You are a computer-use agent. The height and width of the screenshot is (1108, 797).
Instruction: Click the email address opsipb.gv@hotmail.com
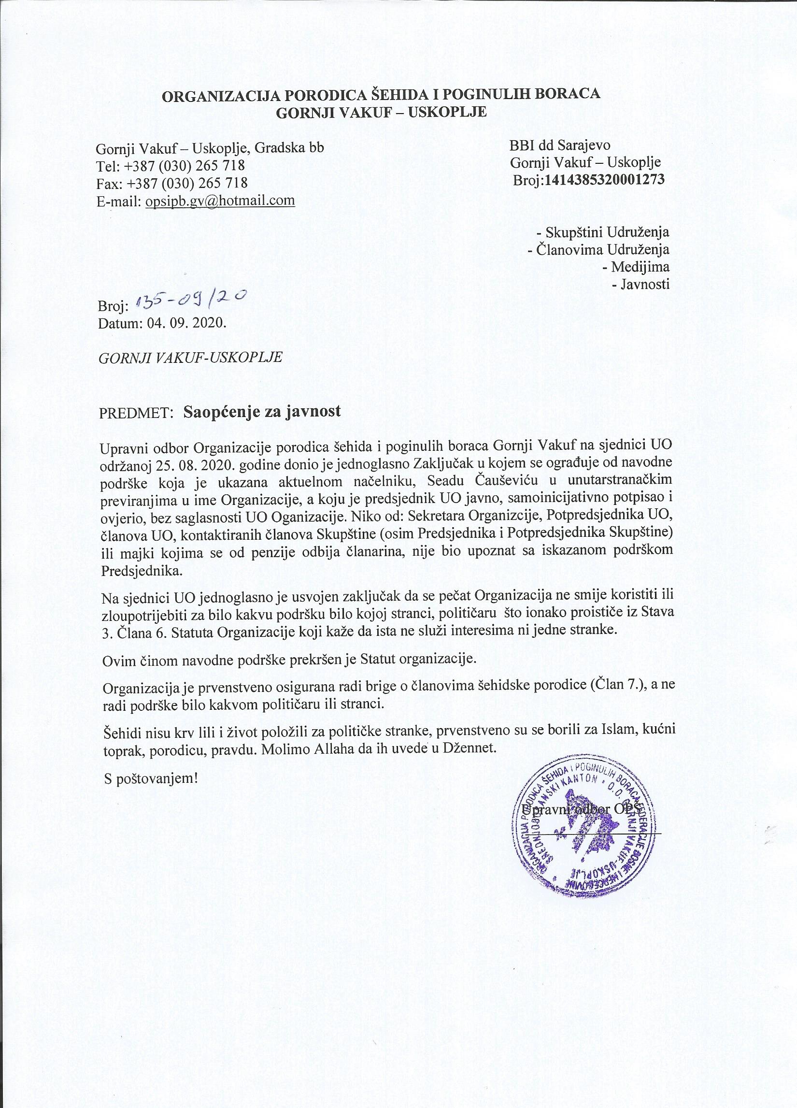click(220, 201)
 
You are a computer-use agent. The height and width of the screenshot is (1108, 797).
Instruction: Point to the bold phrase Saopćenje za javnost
click(262, 412)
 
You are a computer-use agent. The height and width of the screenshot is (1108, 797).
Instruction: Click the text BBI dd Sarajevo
click(559, 145)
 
